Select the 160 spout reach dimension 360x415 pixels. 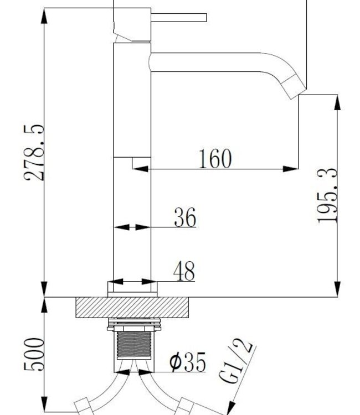coord(214,159)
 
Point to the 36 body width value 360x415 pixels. coord(185,218)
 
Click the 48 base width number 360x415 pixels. coord(184,272)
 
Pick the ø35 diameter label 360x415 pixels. coord(187,363)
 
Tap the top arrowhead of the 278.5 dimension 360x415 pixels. coord(44,13)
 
